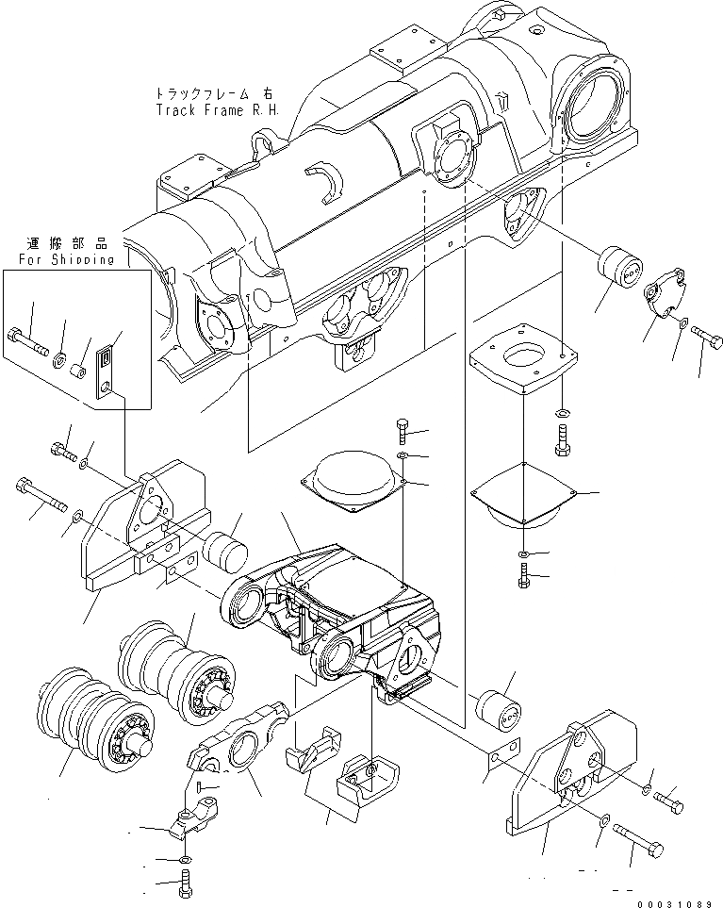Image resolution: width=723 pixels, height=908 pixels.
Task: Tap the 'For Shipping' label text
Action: tap(66, 259)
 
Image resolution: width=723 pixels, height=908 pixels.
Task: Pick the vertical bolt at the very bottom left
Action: tap(184, 887)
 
